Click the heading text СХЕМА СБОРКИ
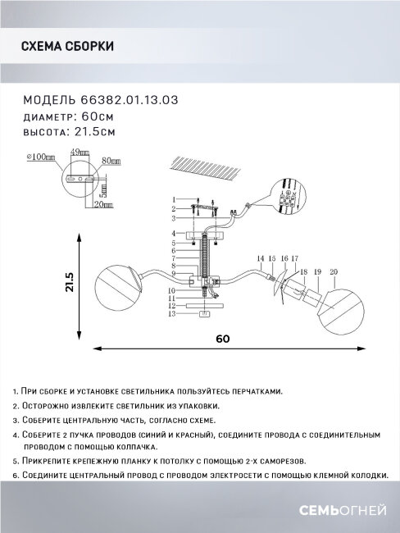click(x=67, y=47)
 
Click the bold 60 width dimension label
click(x=224, y=338)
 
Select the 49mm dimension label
click(x=80, y=153)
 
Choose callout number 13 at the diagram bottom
click(x=173, y=314)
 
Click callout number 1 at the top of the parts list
click(x=174, y=199)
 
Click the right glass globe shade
click(x=343, y=307)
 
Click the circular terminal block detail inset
click(x=287, y=199)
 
